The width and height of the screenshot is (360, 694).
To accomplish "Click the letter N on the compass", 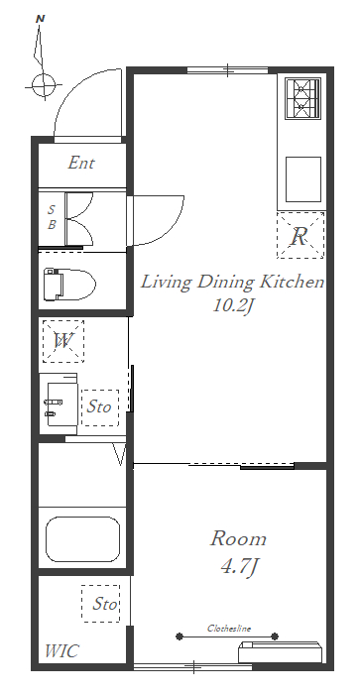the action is click(41, 19).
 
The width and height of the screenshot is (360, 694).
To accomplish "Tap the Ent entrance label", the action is click(81, 163).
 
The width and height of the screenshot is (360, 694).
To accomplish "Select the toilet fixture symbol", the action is click(69, 285).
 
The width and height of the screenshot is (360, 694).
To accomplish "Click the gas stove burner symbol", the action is click(302, 98).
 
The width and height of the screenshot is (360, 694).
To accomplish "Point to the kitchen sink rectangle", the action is click(303, 179).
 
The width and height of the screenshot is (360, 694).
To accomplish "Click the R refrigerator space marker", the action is click(300, 235).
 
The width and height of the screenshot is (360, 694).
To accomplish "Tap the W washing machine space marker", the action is click(63, 341).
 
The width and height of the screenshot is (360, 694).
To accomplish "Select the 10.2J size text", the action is click(232, 305).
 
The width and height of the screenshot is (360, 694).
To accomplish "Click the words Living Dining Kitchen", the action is click(232, 282).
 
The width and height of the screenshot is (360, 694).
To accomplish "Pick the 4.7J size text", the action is click(239, 566).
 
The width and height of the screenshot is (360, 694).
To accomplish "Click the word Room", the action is click(238, 538).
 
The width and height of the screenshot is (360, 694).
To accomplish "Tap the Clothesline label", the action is click(229, 628).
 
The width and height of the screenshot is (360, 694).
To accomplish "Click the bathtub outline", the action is click(82, 539).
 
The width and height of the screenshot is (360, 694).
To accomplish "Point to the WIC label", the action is click(62, 651).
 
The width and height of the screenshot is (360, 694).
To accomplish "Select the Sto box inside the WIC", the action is click(100, 604).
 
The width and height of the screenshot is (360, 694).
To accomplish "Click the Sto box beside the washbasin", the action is click(100, 407).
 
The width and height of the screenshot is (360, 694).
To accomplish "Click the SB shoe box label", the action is click(52, 217).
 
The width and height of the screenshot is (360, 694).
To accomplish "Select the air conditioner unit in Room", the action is click(280, 651).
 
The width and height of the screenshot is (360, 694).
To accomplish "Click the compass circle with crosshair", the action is click(44, 85).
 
